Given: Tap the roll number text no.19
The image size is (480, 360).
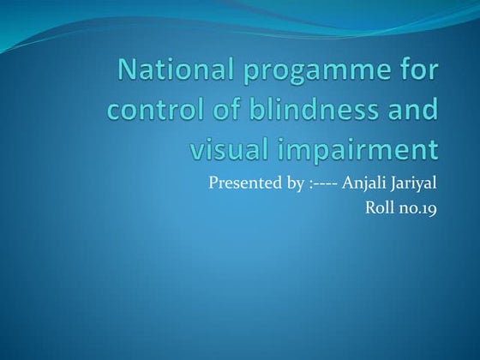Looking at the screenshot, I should pos(417,207).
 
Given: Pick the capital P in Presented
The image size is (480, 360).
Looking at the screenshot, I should pos(213,182).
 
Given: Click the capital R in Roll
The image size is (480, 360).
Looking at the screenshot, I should pos(370,207).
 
